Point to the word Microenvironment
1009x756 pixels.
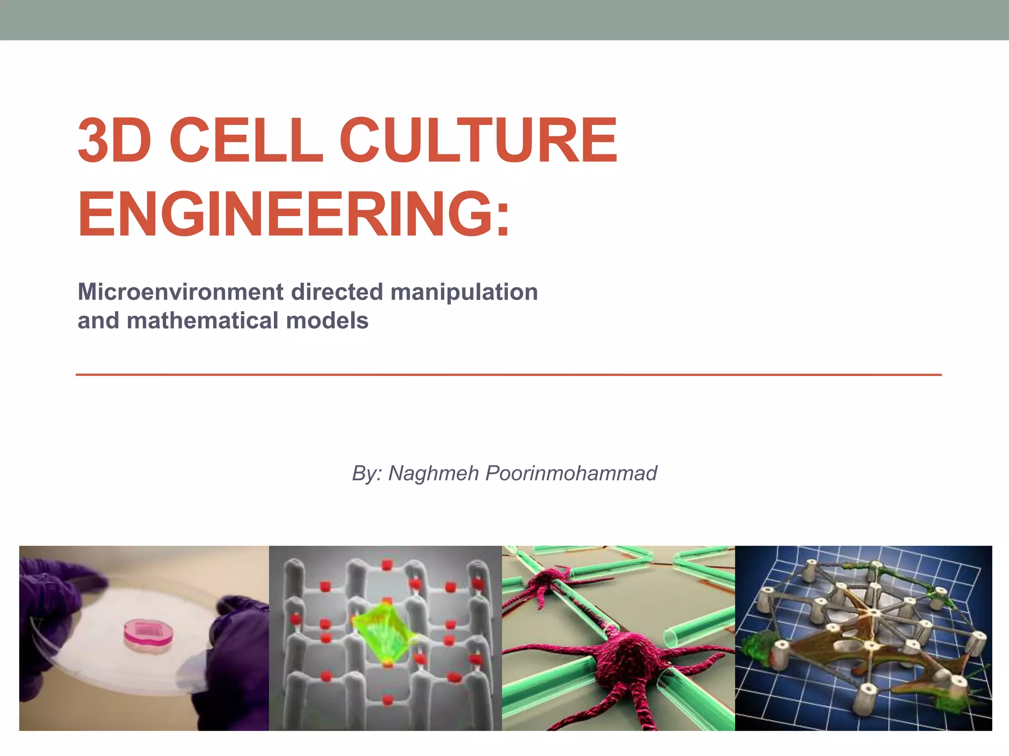[x=180, y=292]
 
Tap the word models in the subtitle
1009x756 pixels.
[x=327, y=321]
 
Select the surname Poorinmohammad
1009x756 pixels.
[x=571, y=473]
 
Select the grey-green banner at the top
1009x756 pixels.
[x=504, y=20]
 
